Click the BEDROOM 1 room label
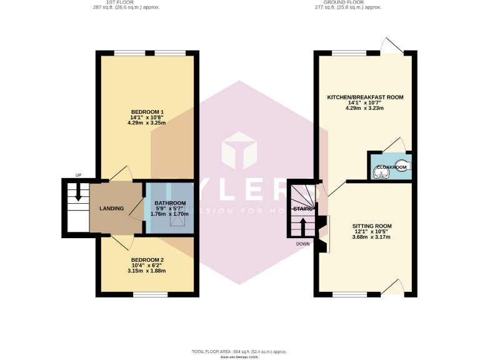click(147, 111)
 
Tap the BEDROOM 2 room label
click(147, 259)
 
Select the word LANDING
click(112, 208)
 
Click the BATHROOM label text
click(170, 203)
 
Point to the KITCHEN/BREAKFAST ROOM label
click(365, 97)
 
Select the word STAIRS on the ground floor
click(302, 209)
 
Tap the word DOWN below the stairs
click(303, 244)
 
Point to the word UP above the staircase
click(78, 175)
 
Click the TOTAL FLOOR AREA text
click(239, 352)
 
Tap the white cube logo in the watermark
click(240, 151)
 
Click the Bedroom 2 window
click(150, 294)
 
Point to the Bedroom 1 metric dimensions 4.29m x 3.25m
click(147, 122)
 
